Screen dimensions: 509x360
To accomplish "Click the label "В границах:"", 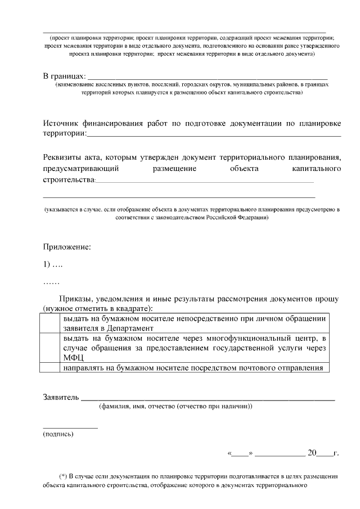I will (65, 76).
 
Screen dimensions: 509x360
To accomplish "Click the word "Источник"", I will (64, 123).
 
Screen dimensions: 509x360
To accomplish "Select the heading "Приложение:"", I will (67, 246).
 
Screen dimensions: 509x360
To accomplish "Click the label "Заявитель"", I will (61, 397).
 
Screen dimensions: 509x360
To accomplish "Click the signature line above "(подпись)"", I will (70, 427).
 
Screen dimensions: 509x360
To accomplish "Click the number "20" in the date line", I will (312, 452).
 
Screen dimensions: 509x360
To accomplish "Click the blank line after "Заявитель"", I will (208, 398).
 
